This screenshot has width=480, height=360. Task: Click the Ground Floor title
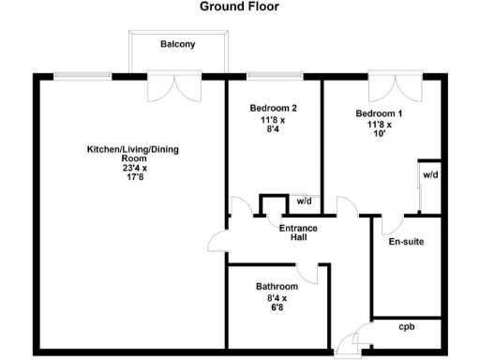tap(239, 7)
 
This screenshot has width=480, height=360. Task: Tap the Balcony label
tap(177, 44)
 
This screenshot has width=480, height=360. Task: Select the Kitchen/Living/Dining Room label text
tap(118, 154)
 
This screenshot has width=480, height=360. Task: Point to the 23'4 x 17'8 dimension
tap(118, 174)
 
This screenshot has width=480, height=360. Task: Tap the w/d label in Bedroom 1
tap(429, 175)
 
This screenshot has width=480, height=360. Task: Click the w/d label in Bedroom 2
tap(303, 201)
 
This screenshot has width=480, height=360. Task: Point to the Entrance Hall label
tap(292, 232)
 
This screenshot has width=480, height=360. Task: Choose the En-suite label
tap(406, 242)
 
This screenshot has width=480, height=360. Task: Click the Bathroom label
tap(277, 287)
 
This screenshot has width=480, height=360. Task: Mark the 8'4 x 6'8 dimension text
tap(277, 304)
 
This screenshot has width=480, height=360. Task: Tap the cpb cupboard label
tap(406, 328)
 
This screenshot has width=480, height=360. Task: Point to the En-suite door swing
tap(390, 225)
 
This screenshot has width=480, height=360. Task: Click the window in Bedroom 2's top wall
tap(274, 76)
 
